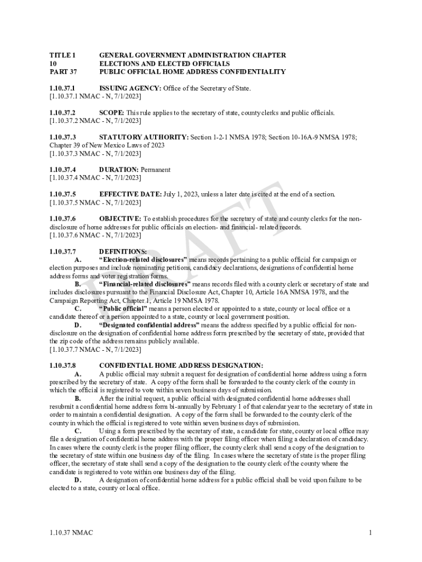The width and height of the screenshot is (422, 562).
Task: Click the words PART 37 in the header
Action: [63, 72]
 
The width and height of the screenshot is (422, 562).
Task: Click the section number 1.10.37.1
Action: [62, 88]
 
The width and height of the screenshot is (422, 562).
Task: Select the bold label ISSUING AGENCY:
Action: [130, 88]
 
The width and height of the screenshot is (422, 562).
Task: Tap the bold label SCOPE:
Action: [112, 113]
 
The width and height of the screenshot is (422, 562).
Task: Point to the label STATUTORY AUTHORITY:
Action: [144, 137]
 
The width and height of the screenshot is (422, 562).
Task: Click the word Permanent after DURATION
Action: [156, 170]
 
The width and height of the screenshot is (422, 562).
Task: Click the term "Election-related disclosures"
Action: [143, 260]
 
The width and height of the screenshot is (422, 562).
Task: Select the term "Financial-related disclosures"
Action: [145, 284]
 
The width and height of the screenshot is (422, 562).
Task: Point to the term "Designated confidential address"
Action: [149, 325]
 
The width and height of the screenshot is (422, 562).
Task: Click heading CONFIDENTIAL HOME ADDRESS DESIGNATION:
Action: [181, 366]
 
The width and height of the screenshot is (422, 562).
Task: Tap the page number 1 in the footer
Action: [370, 533]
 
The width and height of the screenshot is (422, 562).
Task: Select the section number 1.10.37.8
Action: [62, 366]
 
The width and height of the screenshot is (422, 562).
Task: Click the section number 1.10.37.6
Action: [62, 219]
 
